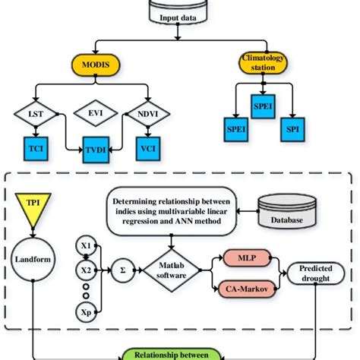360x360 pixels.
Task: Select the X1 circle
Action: click(86, 246)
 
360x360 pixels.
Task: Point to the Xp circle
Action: click(86, 312)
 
